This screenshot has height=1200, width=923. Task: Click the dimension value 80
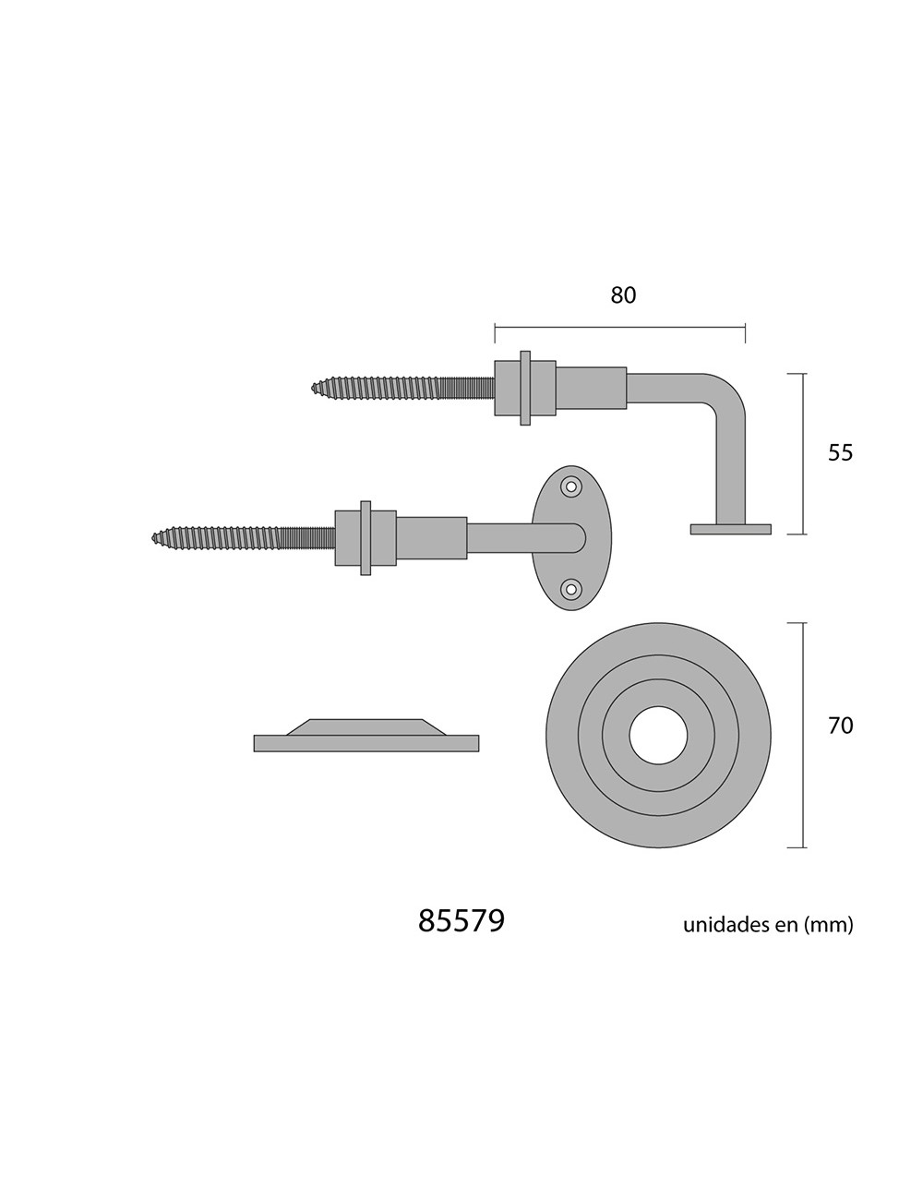pos(624,295)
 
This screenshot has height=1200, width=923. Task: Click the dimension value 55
pos(840,453)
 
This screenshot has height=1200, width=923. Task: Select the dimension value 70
pos(840,726)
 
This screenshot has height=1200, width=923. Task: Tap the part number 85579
pos(461,920)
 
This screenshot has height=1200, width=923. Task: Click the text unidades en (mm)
pos(768,924)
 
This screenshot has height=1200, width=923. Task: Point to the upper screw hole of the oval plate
pos(572,486)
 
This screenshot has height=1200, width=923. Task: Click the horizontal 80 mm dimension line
pos(619,326)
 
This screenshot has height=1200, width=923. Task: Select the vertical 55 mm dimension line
pos(803,453)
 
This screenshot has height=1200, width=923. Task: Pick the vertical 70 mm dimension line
pos(803,735)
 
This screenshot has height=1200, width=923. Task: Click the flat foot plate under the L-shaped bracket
pos(730,529)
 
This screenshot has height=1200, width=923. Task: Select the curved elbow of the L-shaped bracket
pos(726,390)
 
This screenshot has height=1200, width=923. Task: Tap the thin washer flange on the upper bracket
pos(525,388)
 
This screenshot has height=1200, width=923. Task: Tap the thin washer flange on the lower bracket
pos(366,537)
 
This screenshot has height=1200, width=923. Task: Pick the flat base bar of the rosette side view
pos(366,743)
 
